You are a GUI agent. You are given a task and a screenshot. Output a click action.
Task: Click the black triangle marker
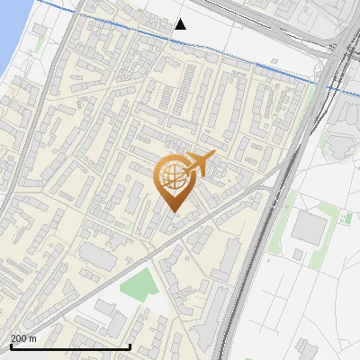[181, 24]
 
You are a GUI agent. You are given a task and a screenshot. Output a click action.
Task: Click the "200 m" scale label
[24, 338]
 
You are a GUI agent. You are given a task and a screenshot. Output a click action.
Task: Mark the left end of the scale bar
[11, 346]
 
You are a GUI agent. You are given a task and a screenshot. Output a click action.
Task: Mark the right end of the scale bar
[131, 346]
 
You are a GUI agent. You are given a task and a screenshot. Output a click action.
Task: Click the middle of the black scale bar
[71, 346]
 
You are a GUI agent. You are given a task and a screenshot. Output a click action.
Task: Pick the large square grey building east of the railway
[309, 229]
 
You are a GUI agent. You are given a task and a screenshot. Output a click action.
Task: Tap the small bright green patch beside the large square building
[345, 217]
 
